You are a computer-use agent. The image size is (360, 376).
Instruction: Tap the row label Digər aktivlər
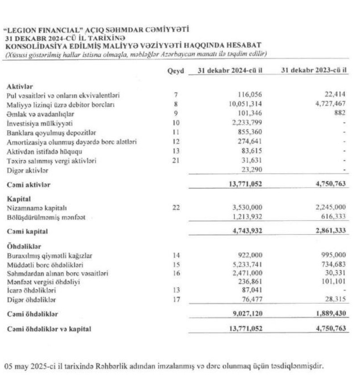point(27,170)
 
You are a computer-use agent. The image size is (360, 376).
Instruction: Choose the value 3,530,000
point(247,208)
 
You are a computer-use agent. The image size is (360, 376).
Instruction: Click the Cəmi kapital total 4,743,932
point(244,231)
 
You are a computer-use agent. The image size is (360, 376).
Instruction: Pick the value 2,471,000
point(247,273)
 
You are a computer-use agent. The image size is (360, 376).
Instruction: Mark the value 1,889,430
point(330,314)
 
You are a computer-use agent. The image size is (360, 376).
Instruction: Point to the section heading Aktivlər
point(20,86)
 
